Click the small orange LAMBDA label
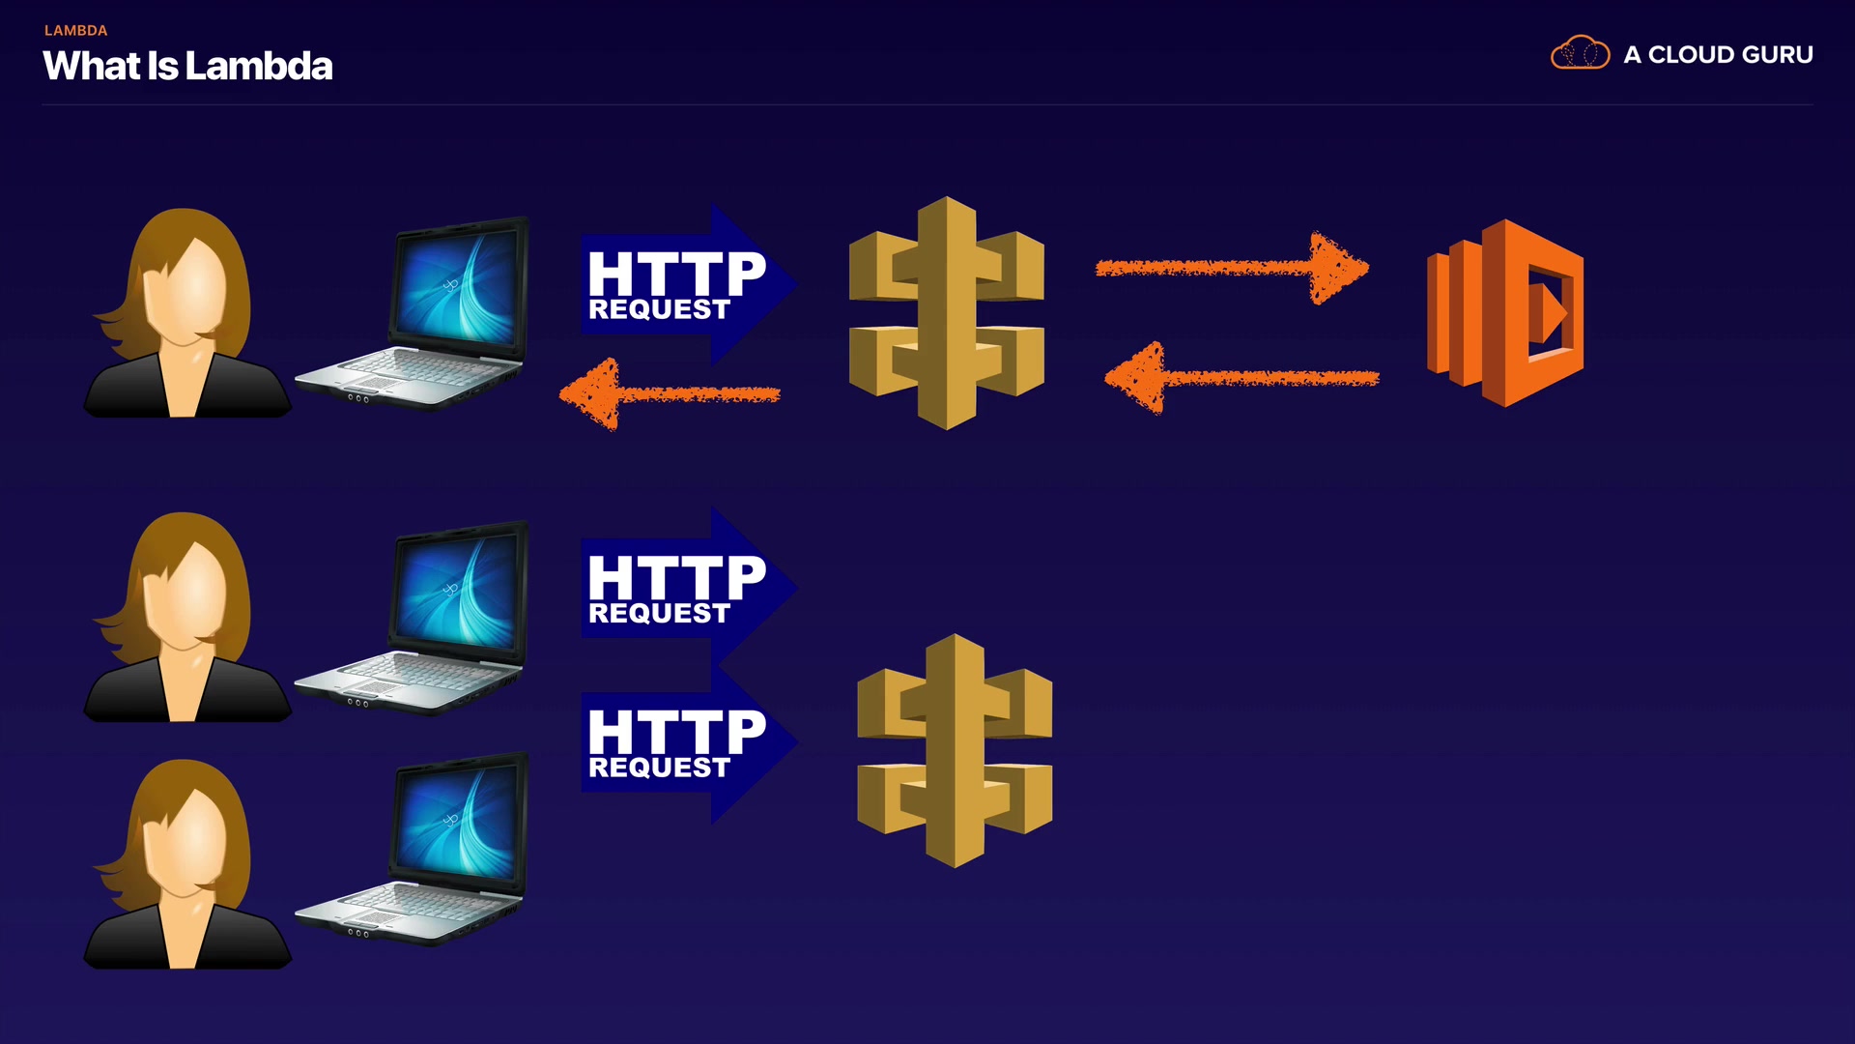point(75,31)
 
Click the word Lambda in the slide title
point(258,67)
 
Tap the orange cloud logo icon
point(1580,53)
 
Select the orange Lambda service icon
point(1505,312)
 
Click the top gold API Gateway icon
point(946,312)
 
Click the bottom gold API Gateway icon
point(955,750)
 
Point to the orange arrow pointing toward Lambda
point(1232,268)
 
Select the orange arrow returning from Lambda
point(1241,378)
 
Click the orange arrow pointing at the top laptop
point(670,394)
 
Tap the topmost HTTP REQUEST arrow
point(686,284)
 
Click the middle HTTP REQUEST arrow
point(686,588)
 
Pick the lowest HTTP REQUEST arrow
point(686,742)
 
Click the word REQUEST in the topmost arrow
point(659,309)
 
